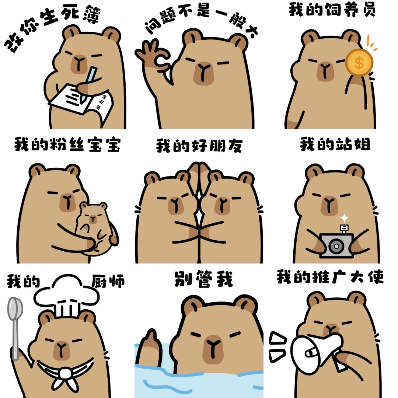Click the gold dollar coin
359,62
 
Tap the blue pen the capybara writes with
89,84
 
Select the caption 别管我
203,279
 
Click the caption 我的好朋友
199,146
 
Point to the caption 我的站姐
335,144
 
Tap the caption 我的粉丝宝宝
67,144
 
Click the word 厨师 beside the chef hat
108,281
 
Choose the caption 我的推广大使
330,277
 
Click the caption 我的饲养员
332,10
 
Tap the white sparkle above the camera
345,218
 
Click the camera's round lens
336,246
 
